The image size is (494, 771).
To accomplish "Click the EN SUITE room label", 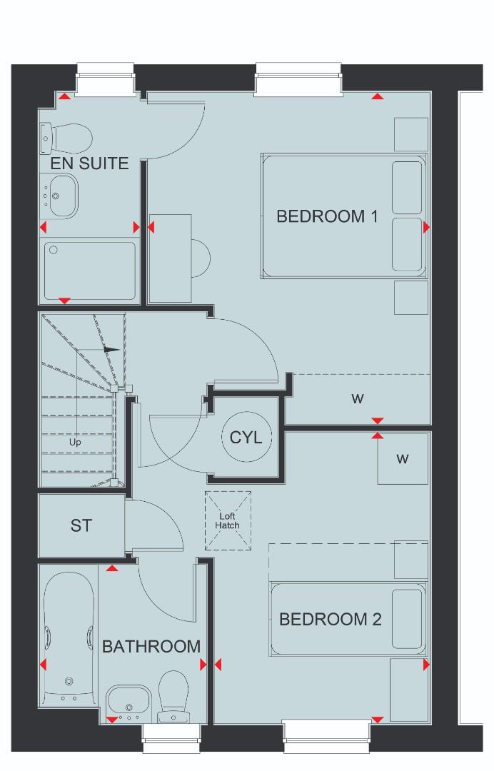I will [x=89, y=163].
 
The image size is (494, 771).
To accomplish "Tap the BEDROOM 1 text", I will [x=326, y=216].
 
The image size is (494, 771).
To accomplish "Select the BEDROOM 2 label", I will [x=330, y=619].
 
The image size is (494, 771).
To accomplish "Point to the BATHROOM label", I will [x=151, y=647].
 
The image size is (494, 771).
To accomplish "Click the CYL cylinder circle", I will [x=246, y=437].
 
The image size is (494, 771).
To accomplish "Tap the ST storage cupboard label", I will [x=81, y=526].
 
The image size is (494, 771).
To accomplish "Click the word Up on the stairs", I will [x=75, y=442].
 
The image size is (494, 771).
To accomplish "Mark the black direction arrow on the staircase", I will [x=111, y=349].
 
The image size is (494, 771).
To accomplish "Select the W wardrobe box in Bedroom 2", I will [x=403, y=459].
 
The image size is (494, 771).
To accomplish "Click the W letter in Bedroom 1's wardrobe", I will [x=357, y=399].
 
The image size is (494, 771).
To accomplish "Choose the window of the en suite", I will [x=106, y=79].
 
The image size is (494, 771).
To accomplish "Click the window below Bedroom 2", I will [x=326, y=736].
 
